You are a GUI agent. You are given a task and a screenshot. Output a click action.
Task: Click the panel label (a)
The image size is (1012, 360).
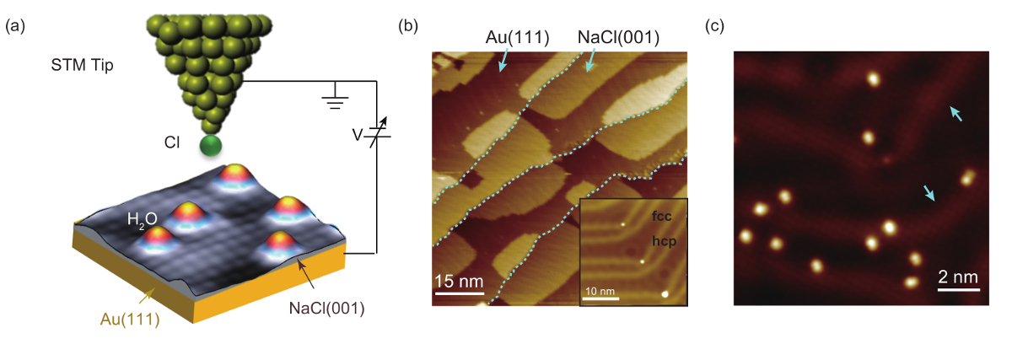click(x=13, y=26)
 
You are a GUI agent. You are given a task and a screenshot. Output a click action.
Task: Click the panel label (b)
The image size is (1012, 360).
click(x=408, y=26)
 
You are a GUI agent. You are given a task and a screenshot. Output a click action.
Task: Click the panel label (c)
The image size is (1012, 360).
click(x=713, y=26)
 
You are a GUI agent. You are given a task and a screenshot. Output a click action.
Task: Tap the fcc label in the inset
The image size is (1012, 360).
click(x=662, y=216)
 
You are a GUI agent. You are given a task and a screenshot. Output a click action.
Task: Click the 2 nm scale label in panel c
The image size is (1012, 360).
click(x=960, y=277)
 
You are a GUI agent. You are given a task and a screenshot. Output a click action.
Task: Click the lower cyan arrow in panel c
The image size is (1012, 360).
click(x=928, y=194)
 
